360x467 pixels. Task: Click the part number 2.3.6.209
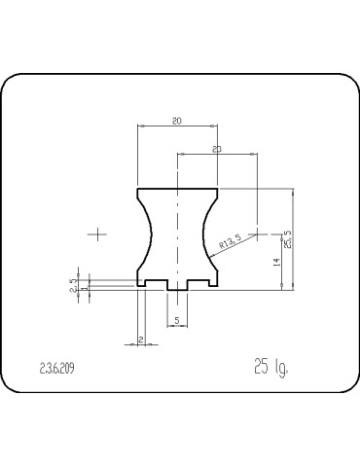(57, 369)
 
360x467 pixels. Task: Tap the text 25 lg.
(272, 368)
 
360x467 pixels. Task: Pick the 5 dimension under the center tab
(176, 319)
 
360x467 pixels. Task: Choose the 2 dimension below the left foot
(140, 338)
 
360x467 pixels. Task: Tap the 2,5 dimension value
(71, 285)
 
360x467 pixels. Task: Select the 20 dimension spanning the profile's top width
(176, 121)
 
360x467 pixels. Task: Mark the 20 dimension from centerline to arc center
(216, 149)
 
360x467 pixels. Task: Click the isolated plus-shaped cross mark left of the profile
(98, 233)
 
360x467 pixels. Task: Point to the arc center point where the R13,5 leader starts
(255, 233)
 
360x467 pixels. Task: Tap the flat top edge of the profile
(176, 188)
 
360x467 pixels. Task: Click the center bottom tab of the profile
(177, 287)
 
